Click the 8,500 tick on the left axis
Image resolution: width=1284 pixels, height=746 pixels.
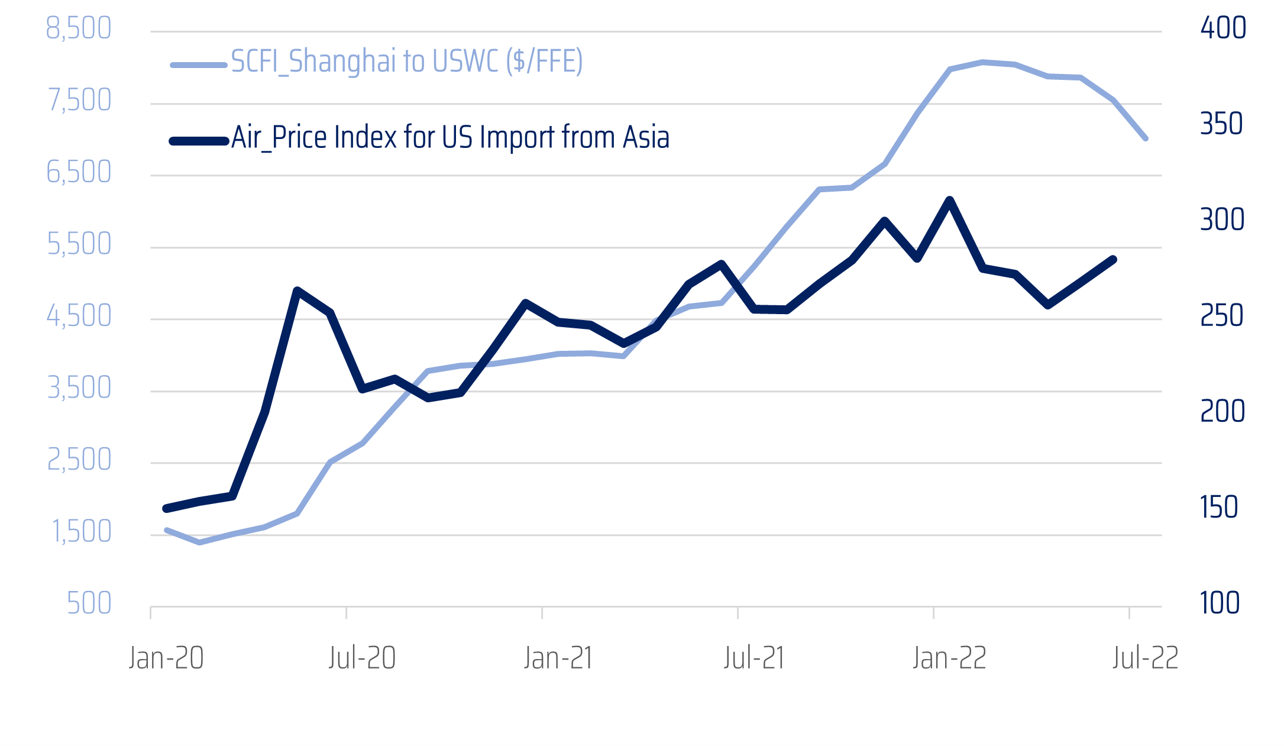tap(79, 28)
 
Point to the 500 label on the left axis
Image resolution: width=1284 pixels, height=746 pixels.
tap(89, 603)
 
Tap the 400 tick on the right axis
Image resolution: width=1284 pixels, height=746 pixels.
tap(1222, 28)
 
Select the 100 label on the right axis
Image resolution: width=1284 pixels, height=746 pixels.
tap(1220, 603)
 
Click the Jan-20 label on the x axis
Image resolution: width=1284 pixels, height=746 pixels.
tap(166, 658)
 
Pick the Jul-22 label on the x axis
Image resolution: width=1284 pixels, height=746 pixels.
tap(1145, 658)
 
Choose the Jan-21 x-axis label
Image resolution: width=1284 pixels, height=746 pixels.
tap(558, 658)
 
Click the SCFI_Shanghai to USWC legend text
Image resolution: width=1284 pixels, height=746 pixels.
tap(406, 62)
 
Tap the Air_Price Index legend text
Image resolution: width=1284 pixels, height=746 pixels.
tap(450, 137)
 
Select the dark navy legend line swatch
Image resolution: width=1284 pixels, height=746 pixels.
tap(199, 141)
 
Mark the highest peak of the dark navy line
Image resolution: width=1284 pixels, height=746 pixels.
tap(950, 200)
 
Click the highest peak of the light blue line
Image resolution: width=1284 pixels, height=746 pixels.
tap(982, 62)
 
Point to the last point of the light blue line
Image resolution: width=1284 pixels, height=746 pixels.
tap(1146, 138)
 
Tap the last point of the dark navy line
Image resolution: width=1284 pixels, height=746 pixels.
tap(1113, 259)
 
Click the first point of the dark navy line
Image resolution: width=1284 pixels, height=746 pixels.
tap(166, 509)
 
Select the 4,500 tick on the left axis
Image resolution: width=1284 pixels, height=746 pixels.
tap(79, 316)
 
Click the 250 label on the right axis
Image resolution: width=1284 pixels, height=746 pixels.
tap(1221, 316)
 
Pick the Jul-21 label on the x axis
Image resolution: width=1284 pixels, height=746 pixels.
tap(754, 658)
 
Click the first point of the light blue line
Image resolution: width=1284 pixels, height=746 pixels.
tap(167, 530)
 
